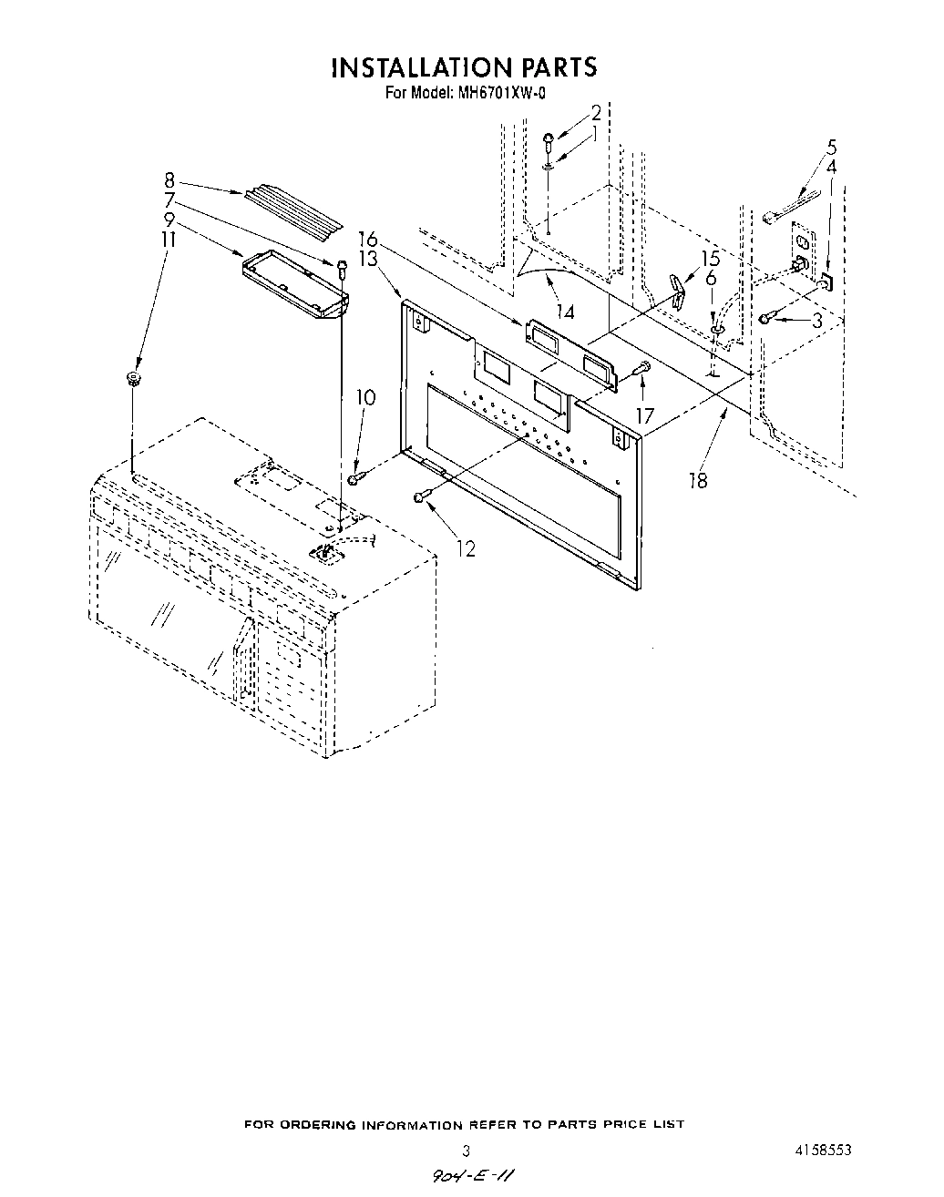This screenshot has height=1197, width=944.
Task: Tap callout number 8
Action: pos(169,180)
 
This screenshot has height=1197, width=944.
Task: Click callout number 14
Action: pos(565,312)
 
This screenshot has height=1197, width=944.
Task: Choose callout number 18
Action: pos(698,480)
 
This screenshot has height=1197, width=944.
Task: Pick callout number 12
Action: pos(466,548)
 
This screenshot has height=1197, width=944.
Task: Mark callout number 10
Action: pos(364,397)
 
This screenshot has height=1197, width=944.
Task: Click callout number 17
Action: pos(644,415)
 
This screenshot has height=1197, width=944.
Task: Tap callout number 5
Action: pos(831,147)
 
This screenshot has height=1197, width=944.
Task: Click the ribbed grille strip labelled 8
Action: pos(292,208)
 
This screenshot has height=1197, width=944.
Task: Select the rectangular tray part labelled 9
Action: pos(294,285)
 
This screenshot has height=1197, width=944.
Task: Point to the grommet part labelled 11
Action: pos(134,377)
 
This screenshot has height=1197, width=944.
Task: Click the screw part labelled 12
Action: pos(420,496)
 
